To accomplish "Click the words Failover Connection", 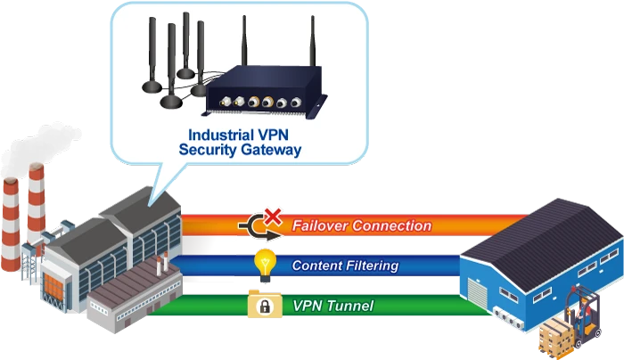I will [361, 226].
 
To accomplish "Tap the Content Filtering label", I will [345, 266].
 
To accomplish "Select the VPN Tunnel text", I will [333, 307].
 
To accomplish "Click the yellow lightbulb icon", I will [264, 261].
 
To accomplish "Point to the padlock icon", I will [264, 307].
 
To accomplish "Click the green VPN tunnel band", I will [401, 307].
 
